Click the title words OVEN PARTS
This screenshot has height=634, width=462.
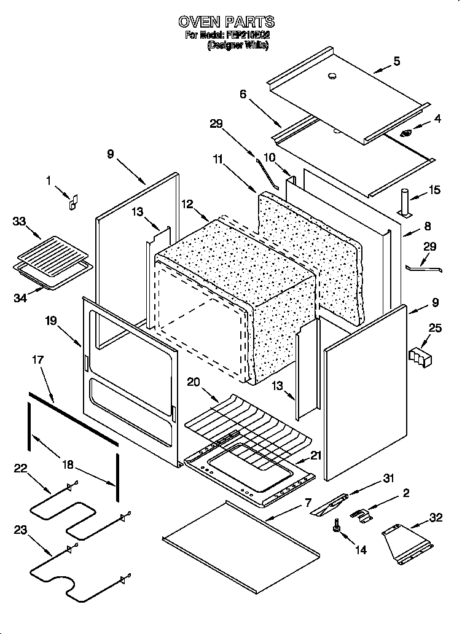(227, 22)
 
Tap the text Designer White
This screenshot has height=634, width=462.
(238, 45)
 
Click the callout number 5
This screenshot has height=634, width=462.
(396, 61)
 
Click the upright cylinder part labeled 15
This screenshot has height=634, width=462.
(405, 202)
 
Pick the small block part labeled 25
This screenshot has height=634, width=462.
(420, 356)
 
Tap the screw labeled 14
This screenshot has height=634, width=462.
(336, 525)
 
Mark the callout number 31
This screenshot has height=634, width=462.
(388, 479)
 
